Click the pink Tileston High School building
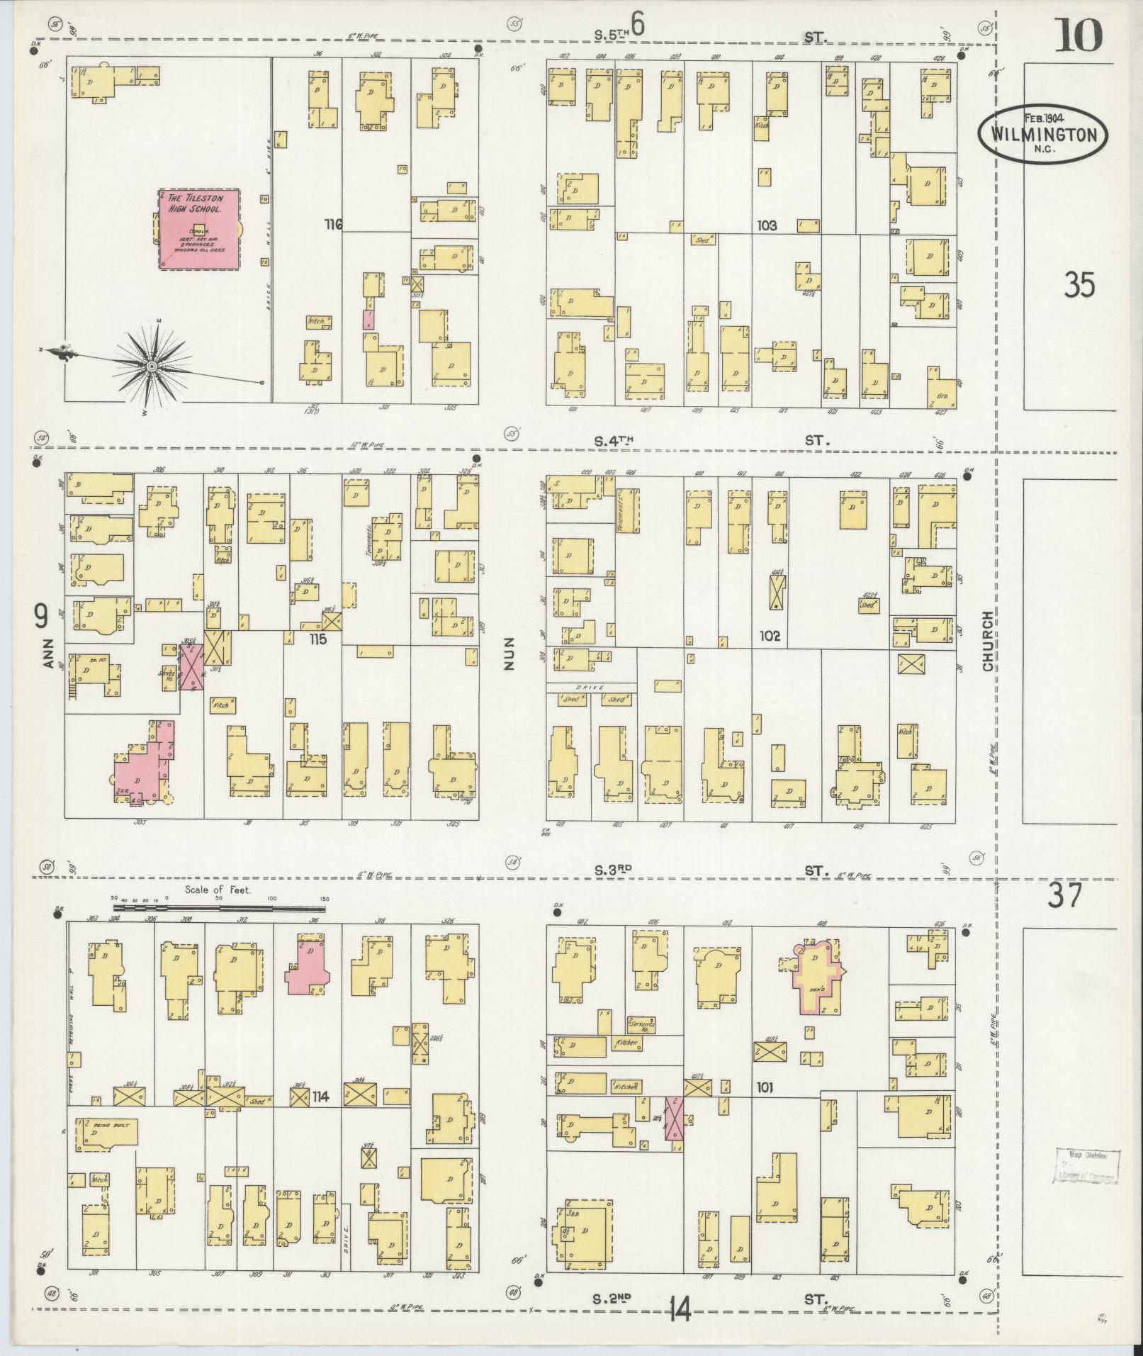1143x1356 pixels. click(x=199, y=228)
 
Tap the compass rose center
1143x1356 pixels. click(x=152, y=366)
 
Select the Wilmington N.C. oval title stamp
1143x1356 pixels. click(x=1042, y=135)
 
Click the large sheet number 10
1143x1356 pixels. click(x=1079, y=35)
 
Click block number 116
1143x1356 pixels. click(x=333, y=225)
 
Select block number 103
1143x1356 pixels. click(x=766, y=225)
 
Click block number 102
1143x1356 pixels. click(x=770, y=636)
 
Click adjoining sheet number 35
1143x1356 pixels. click(x=1079, y=285)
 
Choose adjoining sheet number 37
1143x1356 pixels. click(x=1065, y=895)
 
